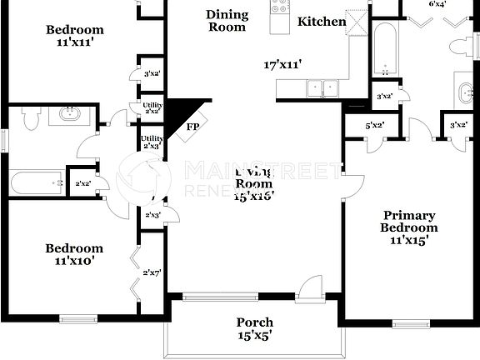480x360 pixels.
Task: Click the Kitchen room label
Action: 322,22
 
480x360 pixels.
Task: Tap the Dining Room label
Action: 227,20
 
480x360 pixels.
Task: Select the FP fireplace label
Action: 192,127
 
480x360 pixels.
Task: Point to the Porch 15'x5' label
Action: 254,329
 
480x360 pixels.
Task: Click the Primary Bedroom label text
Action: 408,227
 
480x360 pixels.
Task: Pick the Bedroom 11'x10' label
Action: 74,254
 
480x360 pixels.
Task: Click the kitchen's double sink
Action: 322,87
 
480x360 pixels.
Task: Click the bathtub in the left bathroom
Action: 37,182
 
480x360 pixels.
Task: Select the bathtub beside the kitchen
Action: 384,47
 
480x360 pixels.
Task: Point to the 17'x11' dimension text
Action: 282,64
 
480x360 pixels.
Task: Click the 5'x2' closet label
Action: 375,126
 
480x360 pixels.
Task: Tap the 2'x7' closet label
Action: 152,272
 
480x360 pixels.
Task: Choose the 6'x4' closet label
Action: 437,5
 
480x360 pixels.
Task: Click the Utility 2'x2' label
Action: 152,107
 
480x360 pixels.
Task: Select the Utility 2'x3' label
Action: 152,142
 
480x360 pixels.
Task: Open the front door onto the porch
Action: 310,290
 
